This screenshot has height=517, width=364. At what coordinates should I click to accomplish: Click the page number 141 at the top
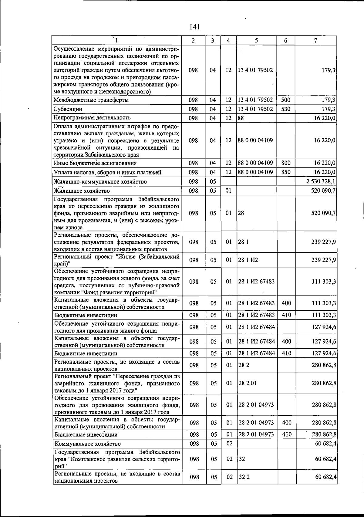pos(194,27)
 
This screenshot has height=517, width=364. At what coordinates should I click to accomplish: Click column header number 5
pos(256,40)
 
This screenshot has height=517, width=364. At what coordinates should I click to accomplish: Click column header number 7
pos(316,40)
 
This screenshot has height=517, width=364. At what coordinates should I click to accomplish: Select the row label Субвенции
pos(68,109)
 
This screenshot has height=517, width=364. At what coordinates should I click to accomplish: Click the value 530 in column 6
pos(286,109)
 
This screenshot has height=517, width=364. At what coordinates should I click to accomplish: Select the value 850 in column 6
pos(286,172)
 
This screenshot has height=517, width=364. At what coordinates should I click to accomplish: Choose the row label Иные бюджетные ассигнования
pos(95,163)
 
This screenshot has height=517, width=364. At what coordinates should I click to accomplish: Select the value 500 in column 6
pos(286,100)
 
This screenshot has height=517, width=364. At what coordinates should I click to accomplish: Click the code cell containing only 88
pos(241,118)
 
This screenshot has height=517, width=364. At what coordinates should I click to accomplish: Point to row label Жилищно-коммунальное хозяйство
pos(100,182)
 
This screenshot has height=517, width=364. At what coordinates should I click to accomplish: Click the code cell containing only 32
pos(241,459)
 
